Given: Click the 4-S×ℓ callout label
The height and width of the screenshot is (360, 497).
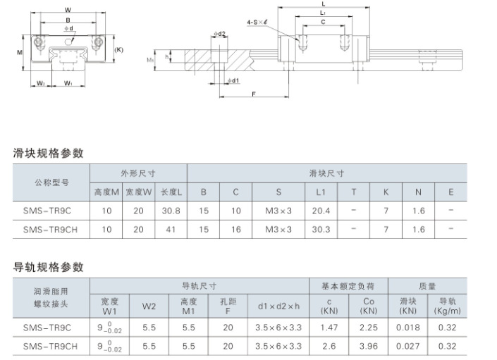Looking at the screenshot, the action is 257,22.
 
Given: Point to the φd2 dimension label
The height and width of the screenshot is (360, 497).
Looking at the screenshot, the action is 219,34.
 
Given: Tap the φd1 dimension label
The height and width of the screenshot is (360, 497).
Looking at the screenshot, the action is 233,81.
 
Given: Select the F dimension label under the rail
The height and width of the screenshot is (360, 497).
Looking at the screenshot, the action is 254,94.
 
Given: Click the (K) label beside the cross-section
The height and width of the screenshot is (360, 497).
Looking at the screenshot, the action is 119,50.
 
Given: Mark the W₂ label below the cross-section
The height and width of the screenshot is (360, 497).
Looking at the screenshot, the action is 41,83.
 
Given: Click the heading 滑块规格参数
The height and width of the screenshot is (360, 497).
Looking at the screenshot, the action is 48,153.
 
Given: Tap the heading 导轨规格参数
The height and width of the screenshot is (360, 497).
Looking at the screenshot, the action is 48,267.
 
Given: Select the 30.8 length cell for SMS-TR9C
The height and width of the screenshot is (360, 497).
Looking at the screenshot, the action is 171,211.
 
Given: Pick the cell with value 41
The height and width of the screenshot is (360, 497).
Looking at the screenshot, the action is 171,229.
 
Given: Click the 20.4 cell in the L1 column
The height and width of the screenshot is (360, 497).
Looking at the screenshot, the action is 321,211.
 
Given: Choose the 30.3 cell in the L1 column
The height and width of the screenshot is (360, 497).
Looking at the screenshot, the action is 321,229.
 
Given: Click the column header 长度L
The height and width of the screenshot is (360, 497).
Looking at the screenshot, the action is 171,192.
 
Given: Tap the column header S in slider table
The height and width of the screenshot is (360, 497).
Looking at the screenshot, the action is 278,192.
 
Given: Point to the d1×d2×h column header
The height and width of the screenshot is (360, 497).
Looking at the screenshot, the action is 278,306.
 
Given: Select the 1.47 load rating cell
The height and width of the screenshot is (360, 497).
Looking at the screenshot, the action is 329,328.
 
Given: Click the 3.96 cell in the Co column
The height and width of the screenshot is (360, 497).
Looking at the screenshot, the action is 368,346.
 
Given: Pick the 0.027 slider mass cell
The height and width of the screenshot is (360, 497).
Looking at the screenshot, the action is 408,346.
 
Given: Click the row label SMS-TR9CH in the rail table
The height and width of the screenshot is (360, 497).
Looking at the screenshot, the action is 50,346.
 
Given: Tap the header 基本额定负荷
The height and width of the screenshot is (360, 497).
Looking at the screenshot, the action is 348,286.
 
